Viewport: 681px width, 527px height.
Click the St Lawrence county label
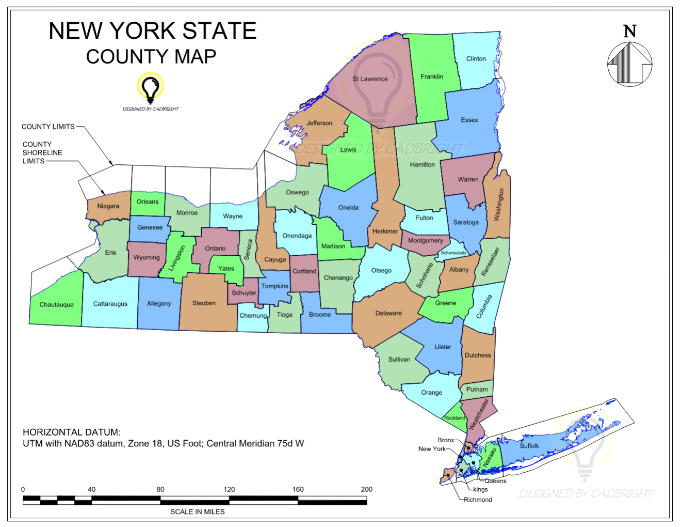tap(370, 79)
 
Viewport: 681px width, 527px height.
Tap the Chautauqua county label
tap(57, 305)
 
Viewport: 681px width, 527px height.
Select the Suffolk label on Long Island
tap(529, 446)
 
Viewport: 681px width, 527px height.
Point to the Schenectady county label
tap(453, 253)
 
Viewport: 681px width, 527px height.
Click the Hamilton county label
tap(423, 165)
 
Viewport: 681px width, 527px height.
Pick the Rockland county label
tap(455, 418)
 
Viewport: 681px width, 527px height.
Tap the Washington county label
tap(499, 205)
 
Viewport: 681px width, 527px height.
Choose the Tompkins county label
tap(274, 286)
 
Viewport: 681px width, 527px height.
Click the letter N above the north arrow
tap(630, 32)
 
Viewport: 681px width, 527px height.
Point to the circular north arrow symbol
tap(629, 64)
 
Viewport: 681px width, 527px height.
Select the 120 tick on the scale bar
tap(229, 489)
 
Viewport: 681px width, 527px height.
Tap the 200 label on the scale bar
tap(366, 489)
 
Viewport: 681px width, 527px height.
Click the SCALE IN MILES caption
tap(198, 512)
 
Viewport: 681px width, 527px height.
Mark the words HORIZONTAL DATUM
tap(72, 432)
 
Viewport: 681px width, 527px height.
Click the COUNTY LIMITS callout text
tap(48, 127)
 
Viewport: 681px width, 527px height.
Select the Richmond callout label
tap(478, 500)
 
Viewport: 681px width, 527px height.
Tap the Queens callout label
tap(495, 481)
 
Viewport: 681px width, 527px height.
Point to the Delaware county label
tap(388, 314)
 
